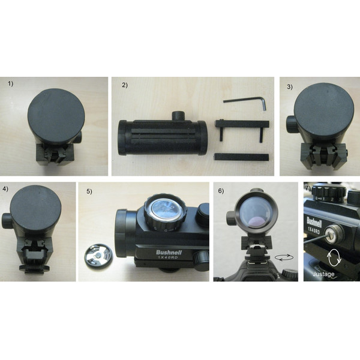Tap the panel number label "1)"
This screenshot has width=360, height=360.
click(11, 84)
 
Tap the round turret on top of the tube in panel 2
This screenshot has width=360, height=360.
click(178, 115)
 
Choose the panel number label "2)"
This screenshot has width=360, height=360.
click(125, 85)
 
